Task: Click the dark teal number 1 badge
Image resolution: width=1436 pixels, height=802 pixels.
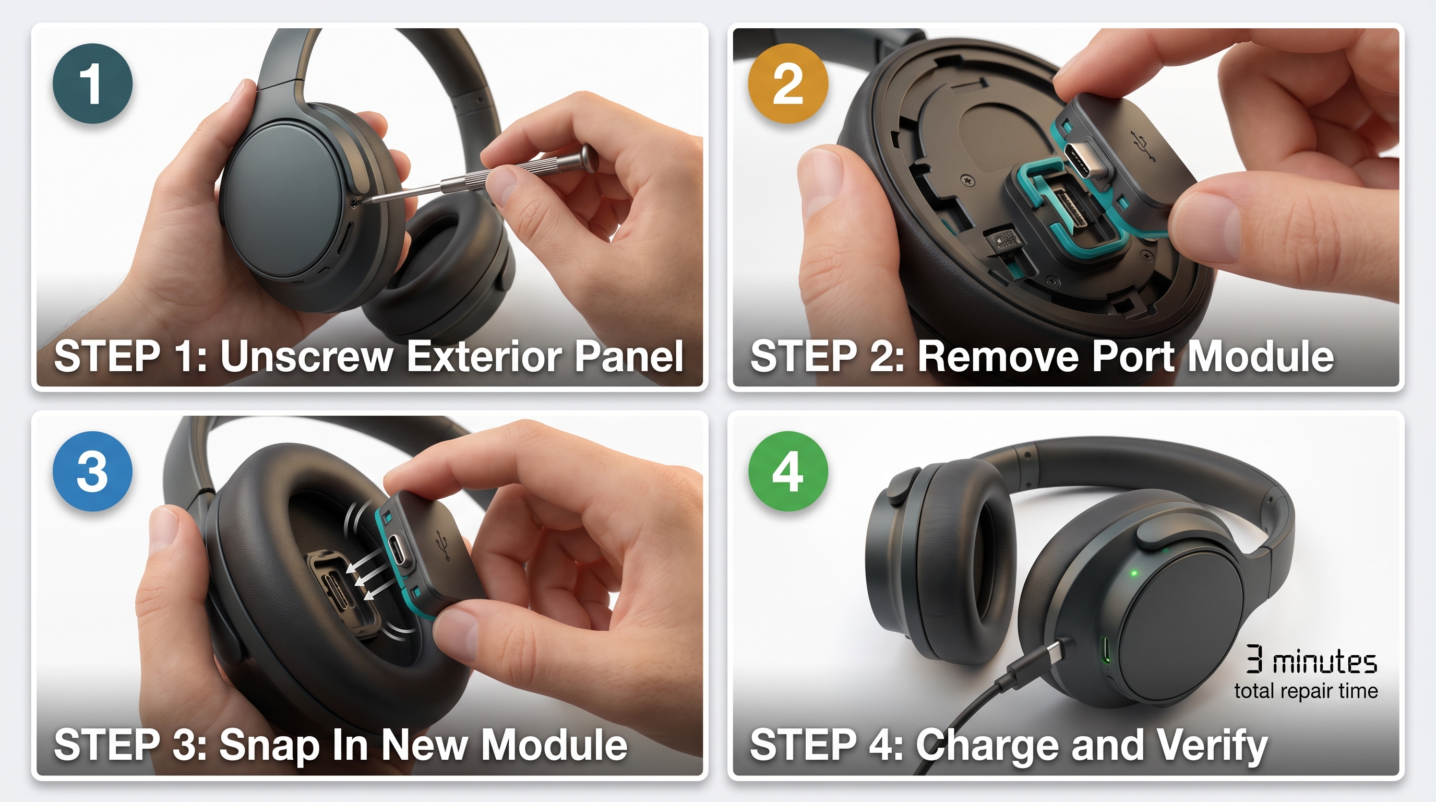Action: pos(92,83)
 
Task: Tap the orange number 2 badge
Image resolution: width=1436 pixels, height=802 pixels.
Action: pos(788,83)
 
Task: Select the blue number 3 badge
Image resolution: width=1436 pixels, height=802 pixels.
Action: pos(92,471)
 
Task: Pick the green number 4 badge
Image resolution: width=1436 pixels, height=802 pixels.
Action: pos(788,471)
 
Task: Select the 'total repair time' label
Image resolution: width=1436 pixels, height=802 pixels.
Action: pos(1306,691)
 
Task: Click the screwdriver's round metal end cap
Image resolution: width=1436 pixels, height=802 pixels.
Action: pos(589,157)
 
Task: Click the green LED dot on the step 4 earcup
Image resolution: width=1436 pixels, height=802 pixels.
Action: pos(1134,573)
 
